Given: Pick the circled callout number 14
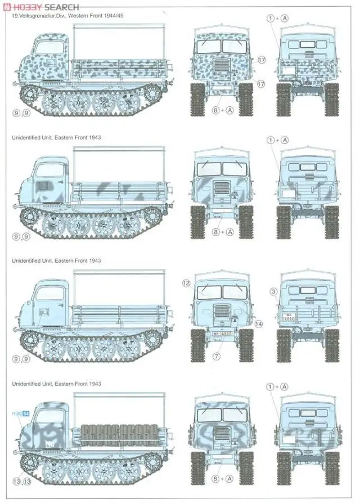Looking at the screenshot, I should tap(258, 324).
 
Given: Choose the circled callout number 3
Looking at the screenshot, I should tap(273, 291).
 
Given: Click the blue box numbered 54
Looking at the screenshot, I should tap(26, 415).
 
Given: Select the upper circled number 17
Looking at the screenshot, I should tap(261, 60).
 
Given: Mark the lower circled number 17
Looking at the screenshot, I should tap(261, 84).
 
